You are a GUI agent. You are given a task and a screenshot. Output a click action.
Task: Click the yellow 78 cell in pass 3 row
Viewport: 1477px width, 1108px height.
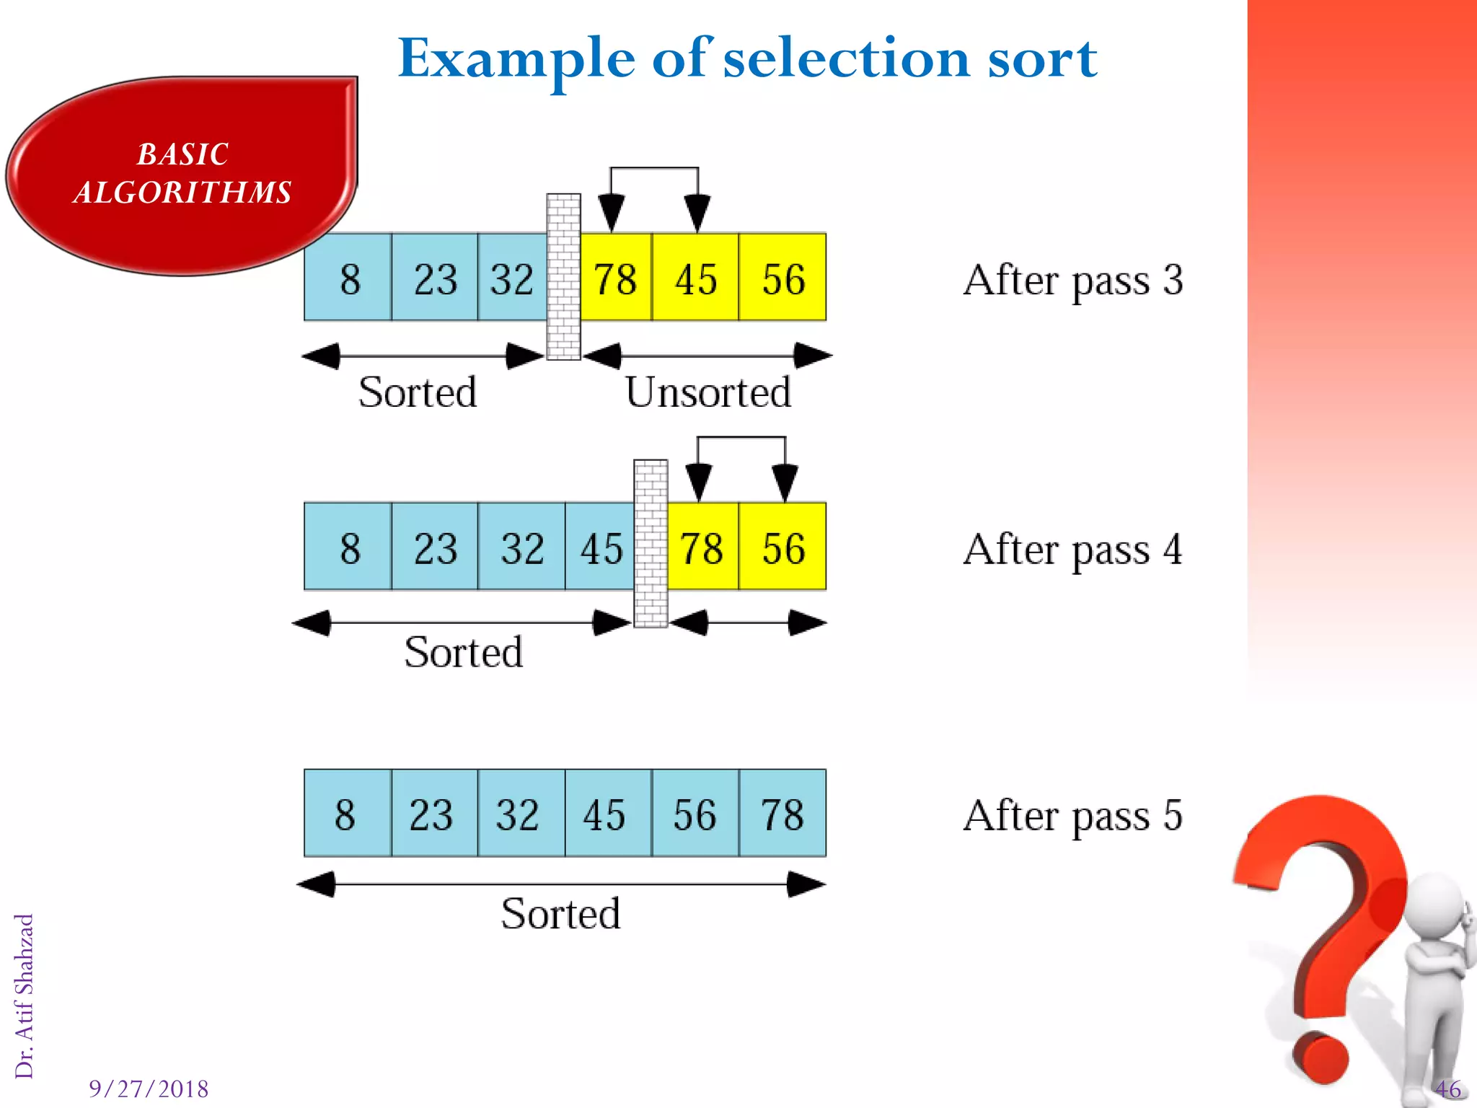pos(615,278)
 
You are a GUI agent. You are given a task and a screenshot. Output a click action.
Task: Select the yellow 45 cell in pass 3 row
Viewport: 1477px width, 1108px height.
pos(695,278)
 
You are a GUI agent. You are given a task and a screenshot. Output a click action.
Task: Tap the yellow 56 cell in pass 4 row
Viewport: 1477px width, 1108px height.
pos(782,547)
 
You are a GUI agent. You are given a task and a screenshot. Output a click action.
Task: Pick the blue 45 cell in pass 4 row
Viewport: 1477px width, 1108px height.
pos(600,547)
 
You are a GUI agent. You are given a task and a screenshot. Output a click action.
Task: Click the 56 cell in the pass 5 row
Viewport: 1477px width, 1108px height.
pos(695,814)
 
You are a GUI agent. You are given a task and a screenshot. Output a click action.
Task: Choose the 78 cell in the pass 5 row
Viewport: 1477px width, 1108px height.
pos(782,814)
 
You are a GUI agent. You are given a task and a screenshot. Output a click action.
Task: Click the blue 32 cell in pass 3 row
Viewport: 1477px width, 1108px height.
pos(512,278)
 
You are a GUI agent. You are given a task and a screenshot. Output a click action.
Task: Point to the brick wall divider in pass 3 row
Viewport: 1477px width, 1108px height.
pos(563,276)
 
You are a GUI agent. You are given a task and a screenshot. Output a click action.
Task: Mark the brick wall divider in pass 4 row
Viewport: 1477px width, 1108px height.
pos(651,543)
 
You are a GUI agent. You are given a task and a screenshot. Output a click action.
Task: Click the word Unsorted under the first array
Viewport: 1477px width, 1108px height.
pos(707,392)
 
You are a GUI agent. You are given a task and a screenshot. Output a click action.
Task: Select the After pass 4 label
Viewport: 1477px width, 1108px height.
pos(1072,550)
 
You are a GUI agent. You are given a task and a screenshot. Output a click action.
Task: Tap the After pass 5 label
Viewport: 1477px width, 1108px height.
pos(1072,816)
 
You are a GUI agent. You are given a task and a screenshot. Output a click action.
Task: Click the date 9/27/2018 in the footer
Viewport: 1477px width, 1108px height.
pos(149,1089)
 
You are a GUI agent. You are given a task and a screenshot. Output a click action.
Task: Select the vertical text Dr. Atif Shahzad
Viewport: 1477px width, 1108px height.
pos(24,995)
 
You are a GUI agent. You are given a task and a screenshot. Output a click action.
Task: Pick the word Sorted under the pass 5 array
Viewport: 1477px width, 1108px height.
pos(560,914)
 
